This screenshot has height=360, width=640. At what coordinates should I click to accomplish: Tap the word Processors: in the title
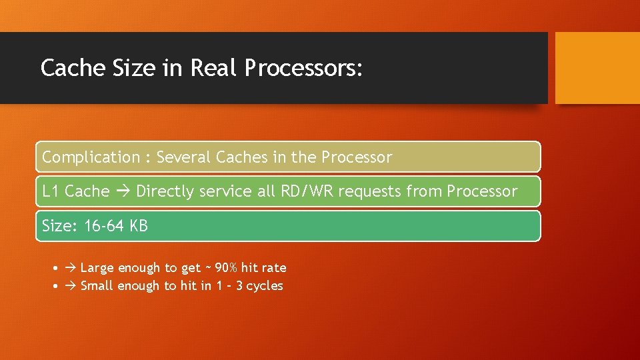pyautogui.click(x=304, y=68)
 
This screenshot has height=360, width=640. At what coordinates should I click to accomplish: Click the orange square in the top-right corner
pyautogui.click(x=597, y=68)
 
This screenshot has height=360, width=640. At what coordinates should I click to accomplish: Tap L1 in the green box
pyautogui.click(x=51, y=191)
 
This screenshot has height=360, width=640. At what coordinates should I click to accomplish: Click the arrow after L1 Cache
pyautogui.click(x=123, y=191)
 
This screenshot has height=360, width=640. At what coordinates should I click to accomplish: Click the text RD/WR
pyautogui.click(x=305, y=191)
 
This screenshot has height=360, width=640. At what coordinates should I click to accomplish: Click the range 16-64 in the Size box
pyautogui.click(x=104, y=226)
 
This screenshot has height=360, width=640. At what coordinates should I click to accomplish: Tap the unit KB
pyautogui.click(x=139, y=226)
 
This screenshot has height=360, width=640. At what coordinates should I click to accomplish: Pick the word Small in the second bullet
pyautogui.click(x=97, y=286)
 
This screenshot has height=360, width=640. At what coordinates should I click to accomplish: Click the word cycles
pyautogui.click(x=265, y=286)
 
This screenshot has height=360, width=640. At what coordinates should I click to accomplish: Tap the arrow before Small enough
pyautogui.click(x=71, y=286)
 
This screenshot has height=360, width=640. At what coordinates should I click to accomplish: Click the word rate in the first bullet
pyautogui.click(x=273, y=268)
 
